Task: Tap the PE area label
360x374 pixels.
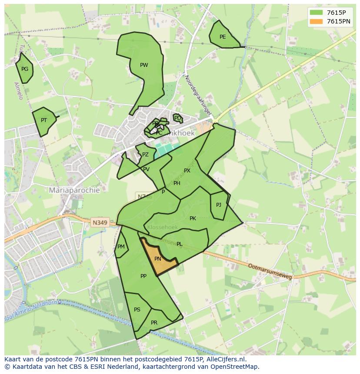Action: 223,37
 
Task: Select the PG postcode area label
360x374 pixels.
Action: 25,69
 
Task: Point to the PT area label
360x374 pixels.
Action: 44,120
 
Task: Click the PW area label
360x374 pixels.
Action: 144,65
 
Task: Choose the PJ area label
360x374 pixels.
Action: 219,205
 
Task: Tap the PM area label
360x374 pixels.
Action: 121,247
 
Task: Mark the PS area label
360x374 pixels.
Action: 137,310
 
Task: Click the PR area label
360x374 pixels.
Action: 154,323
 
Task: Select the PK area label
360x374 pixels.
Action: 193,218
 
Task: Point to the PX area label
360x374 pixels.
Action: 187,171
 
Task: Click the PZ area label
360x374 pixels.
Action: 145,155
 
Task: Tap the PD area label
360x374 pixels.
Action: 177,118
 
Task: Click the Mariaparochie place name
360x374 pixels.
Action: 74,190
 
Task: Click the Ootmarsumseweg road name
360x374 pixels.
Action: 270,271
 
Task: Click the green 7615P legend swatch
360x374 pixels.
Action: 317,13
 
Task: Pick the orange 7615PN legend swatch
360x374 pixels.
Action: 317,21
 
